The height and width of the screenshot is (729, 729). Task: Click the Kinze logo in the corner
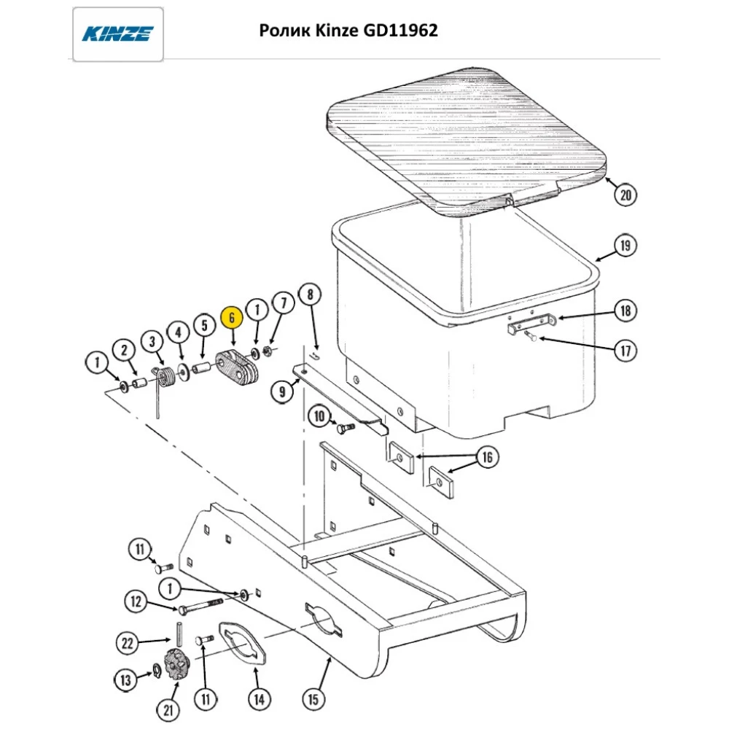[117, 34]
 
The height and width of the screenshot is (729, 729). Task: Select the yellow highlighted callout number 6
[231, 318]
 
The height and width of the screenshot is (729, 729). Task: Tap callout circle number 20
[625, 195]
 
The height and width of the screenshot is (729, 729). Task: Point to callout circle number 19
[625, 246]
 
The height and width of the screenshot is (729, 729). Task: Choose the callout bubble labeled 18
[625, 311]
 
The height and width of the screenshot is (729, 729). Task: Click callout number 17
[625, 351]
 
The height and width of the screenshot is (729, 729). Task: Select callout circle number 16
[487, 458]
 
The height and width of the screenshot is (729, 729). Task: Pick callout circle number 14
[257, 699]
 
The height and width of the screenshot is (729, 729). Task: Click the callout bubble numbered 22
[128, 642]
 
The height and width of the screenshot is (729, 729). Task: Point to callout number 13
[125, 680]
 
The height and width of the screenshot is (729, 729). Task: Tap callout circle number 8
[310, 295]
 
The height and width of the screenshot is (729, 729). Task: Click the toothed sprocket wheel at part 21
[176, 663]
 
